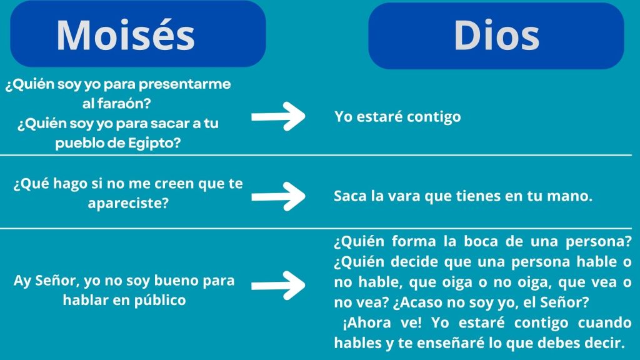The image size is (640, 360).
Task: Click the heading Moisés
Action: [x=126, y=35]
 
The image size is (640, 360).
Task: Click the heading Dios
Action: [x=496, y=36]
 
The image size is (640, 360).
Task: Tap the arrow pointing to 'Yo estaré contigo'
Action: [x=278, y=116]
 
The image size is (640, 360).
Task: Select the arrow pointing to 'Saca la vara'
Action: [x=278, y=196]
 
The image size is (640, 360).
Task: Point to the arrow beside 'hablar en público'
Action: [x=278, y=285]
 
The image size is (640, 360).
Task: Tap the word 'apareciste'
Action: [x=128, y=203]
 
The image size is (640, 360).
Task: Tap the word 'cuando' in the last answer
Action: [x=605, y=323]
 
